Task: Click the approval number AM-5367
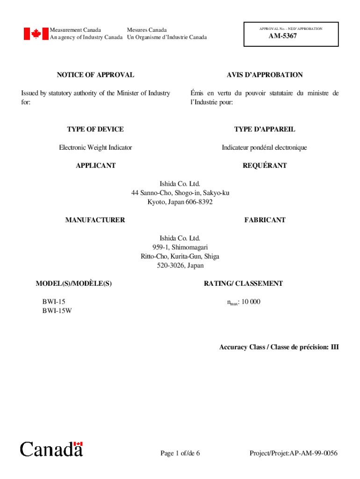click(282, 36)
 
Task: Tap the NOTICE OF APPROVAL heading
click(95, 75)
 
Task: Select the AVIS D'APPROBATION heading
click(265, 75)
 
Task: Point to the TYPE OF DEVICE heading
click(95, 129)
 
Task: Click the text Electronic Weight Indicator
click(95, 147)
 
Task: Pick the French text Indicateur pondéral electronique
click(264, 147)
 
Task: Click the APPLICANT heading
click(95, 166)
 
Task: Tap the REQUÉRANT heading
click(265, 166)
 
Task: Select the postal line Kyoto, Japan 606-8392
click(180, 202)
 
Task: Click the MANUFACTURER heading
click(95, 220)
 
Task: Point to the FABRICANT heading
click(265, 220)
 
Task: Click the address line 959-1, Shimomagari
click(180, 247)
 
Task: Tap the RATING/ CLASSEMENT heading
click(243, 283)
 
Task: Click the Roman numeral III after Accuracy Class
click(334, 347)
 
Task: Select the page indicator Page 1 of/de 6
click(180, 453)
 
